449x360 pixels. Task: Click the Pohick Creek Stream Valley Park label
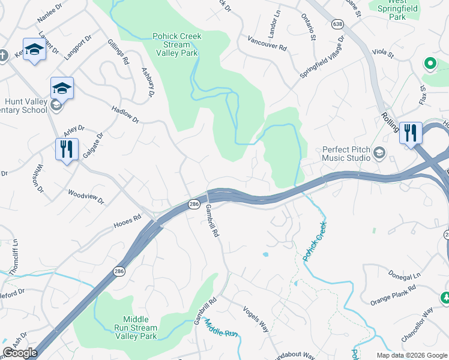(x=177, y=44)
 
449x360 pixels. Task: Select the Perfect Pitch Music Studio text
(x=346, y=154)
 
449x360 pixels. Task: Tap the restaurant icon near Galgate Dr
(x=67, y=149)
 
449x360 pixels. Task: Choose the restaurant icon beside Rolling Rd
(x=411, y=133)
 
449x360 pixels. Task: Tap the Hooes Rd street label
(x=127, y=222)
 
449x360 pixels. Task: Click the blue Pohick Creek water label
(x=314, y=241)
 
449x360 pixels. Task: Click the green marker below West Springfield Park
(x=430, y=63)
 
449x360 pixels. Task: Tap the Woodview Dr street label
(x=86, y=197)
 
